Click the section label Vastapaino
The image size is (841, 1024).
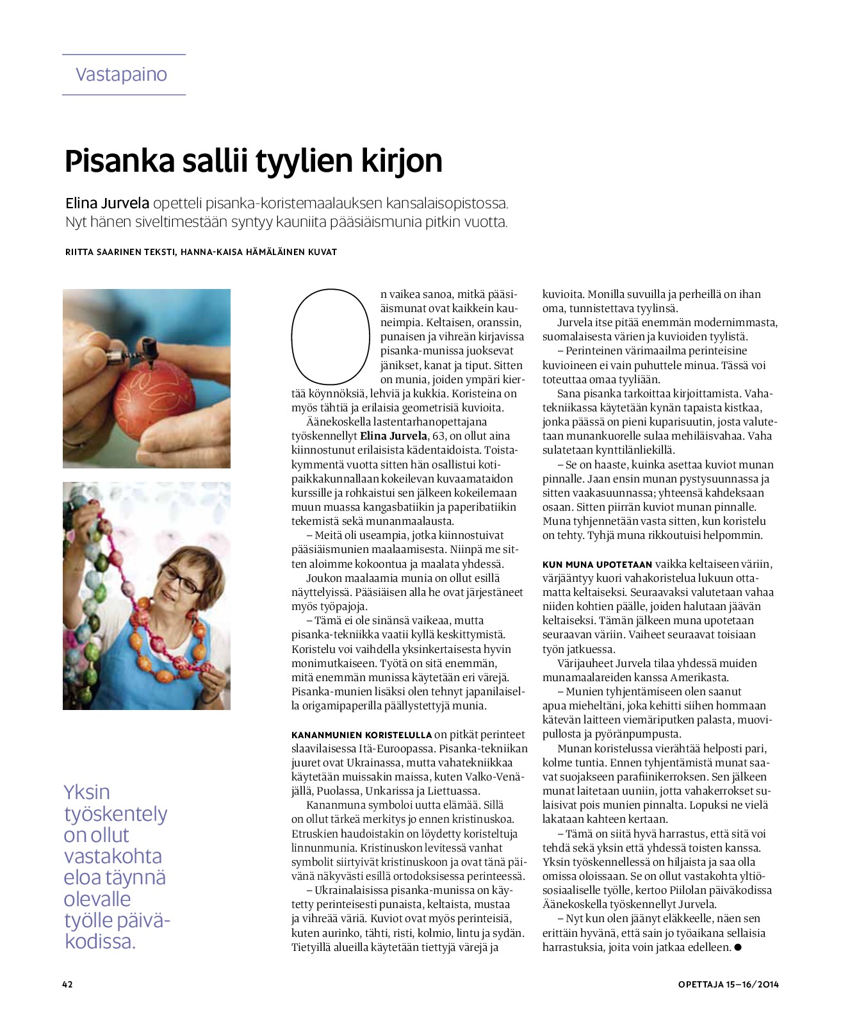point(121,74)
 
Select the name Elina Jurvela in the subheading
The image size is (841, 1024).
point(107,204)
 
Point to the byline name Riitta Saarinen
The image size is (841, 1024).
point(102,252)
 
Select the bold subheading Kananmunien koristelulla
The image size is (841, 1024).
point(361,735)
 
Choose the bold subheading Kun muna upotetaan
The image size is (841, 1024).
point(597,565)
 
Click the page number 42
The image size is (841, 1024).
point(67,984)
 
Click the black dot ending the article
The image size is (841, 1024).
point(738,947)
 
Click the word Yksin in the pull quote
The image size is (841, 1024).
point(86,792)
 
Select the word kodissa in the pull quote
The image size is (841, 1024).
point(100,941)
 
